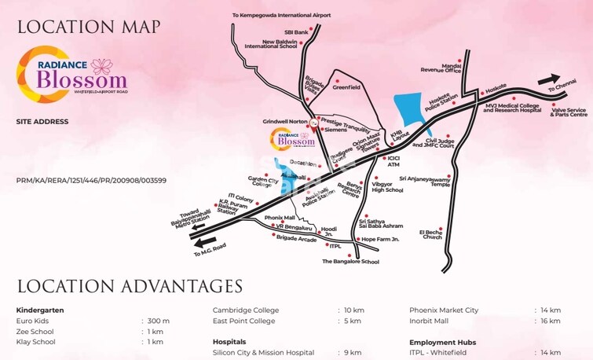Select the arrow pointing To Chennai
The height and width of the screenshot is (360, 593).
tap(549, 79)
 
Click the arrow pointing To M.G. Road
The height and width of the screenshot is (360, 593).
tap(205, 242)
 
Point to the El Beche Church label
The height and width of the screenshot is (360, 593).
tap(433, 234)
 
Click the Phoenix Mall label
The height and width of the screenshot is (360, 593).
tap(280, 217)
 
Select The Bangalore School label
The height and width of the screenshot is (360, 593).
tap(350, 261)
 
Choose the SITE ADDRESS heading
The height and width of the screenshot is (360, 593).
tap(42, 122)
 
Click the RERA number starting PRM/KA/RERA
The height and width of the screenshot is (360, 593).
tap(90, 181)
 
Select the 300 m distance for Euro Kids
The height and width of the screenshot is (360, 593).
tap(159, 321)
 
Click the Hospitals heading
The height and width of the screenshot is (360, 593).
tap(229, 342)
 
